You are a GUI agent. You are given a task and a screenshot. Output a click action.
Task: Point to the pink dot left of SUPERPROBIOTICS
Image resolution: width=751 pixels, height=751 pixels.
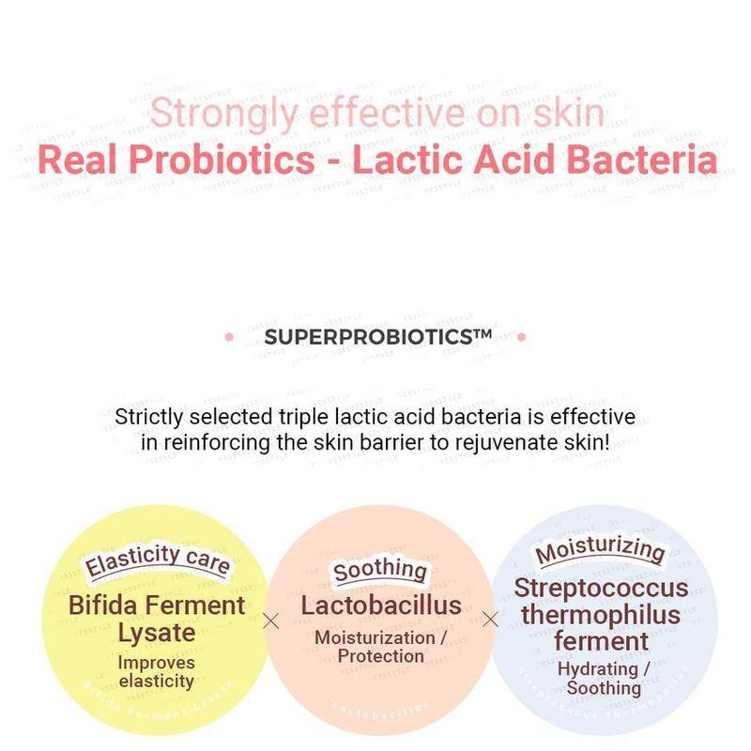tap(229, 336)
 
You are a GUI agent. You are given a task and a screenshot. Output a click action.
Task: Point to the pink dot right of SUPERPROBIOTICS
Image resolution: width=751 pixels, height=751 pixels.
tap(522, 336)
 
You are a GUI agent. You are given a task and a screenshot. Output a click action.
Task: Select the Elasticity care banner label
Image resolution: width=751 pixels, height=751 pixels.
tap(157, 560)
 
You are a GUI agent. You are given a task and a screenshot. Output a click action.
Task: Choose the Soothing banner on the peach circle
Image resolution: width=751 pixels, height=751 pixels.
tap(380, 569)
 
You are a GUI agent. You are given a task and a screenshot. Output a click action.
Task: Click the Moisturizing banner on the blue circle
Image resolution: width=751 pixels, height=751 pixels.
tap(601, 551)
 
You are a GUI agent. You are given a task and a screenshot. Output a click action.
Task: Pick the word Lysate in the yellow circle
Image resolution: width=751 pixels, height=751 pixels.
tap(157, 632)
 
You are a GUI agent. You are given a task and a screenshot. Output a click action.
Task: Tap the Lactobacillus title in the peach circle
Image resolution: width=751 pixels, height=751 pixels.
tap(380, 605)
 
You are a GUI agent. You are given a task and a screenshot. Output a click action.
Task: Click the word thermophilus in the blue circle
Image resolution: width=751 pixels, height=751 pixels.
tap(601, 616)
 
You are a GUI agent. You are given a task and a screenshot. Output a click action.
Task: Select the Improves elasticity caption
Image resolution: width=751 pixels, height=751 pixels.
tap(157, 671)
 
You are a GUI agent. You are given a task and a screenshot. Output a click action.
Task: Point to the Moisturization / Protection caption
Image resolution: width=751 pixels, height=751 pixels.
tap(380, 647)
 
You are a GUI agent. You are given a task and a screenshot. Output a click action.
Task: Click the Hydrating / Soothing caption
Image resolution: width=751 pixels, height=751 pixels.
tap(603, 678)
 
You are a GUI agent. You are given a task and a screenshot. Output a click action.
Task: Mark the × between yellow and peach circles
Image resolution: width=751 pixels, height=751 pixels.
tap(271, 621)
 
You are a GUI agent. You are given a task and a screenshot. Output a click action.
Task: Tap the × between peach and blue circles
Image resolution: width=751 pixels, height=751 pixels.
tap(489, 620)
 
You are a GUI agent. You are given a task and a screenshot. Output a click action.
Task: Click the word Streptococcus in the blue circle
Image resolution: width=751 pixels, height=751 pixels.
tap(601, 589)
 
